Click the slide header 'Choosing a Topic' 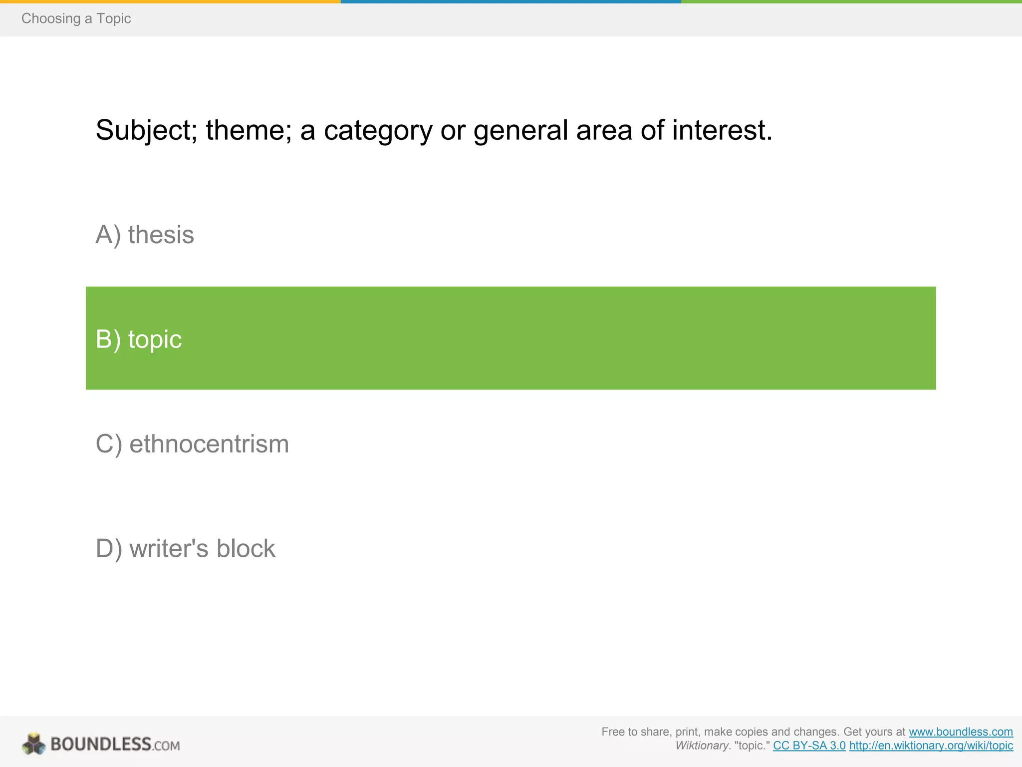(76, 18)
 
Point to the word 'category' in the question (378, 131)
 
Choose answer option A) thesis (145, 234)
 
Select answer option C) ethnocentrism (192, 444)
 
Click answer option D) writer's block (185, 548)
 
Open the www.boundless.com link (961, 732)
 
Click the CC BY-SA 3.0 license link (809, 746)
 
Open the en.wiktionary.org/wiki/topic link (931, 746)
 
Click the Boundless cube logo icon (34, 744)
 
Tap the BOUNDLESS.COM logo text (115, 745)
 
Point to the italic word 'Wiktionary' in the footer (702, 746)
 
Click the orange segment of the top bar (170, 1)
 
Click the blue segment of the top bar (511, 1)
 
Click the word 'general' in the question (520, 131)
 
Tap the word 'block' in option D (246, 548)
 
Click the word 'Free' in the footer (612, 732)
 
